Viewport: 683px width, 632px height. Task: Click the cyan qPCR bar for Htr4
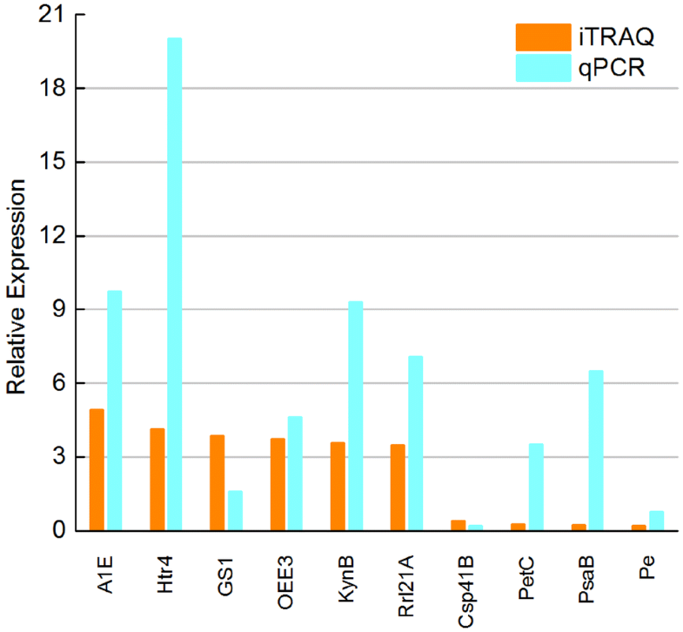[175, 284]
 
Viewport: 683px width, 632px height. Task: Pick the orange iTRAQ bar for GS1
[217, 482]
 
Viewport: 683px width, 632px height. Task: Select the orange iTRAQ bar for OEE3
[278, 484]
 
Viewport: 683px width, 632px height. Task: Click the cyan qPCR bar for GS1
[235, 510]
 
